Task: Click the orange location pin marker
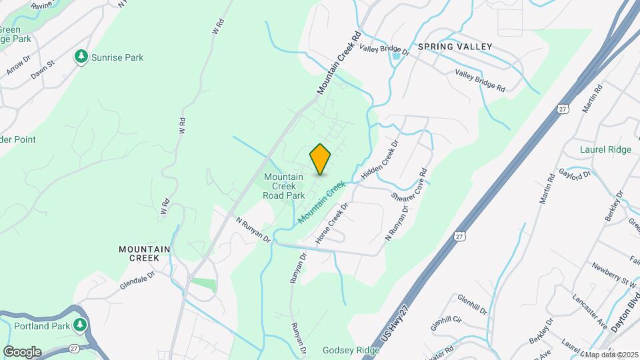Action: point(320,159)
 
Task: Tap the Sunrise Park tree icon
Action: point(82,57)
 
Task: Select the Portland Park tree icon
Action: point(81,325)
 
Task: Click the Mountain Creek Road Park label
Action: point(284,186)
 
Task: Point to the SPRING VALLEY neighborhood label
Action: point(455,47)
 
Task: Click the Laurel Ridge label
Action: point(605,150)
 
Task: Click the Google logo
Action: point(22,352)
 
